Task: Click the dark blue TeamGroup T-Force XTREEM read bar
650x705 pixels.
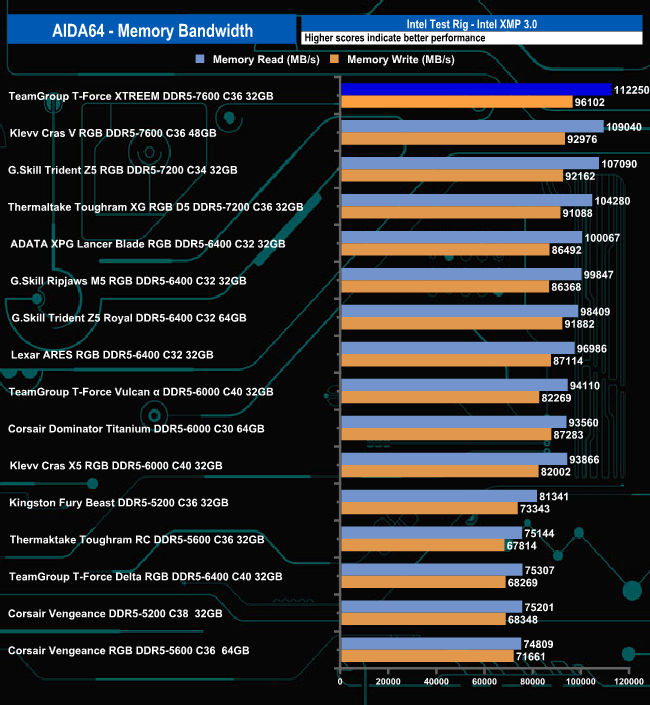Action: coord(476,90)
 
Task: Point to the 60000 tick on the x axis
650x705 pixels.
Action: coord(485,682)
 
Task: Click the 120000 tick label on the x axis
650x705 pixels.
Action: coord(628,682)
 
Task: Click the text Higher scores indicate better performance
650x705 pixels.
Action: coord(394,38)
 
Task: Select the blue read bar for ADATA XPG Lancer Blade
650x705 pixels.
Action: coord(461,237)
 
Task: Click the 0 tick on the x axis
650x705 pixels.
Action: coord(341,682)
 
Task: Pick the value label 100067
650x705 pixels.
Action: coord(603,237)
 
